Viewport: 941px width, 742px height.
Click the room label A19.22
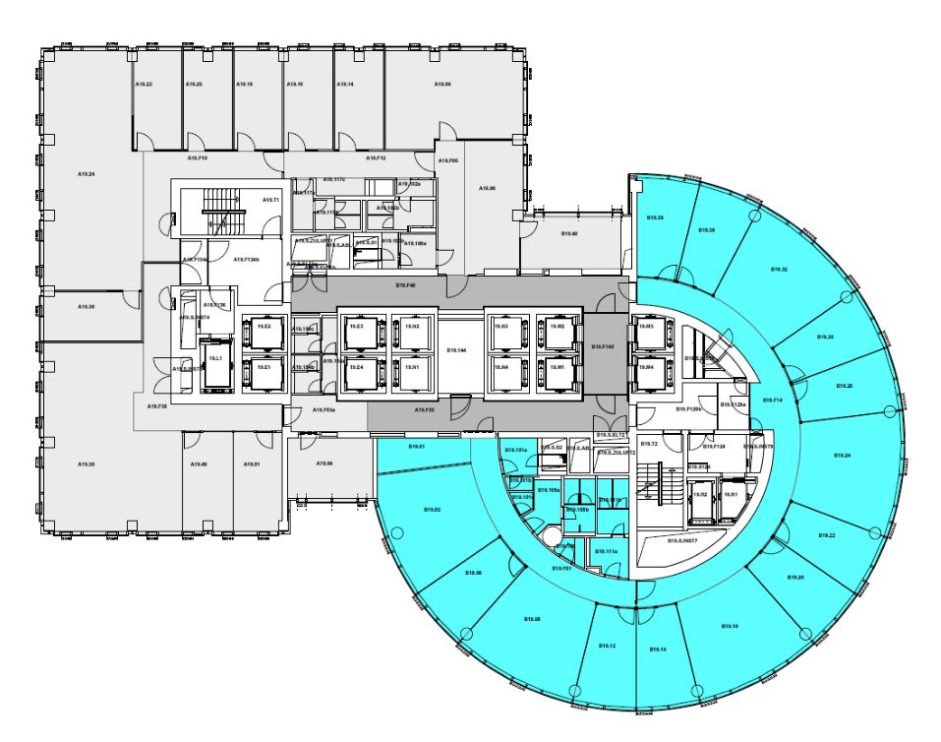coord(143,86)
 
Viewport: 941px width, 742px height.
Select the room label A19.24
coord(87,174)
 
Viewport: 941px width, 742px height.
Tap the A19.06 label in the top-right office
coord(442,86)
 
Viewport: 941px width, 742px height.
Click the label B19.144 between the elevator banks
coord(455,350)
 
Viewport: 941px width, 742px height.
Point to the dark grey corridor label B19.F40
coord(405,285)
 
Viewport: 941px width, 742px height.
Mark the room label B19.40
coord(569,233)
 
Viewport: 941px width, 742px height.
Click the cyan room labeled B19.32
coord(778,269)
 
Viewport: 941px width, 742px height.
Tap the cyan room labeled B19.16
coord(730,626)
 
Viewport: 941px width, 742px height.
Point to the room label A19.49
coord(199,464)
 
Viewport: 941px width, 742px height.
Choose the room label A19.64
coord(324,464)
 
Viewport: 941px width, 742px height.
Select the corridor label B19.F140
coord(602,347)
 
